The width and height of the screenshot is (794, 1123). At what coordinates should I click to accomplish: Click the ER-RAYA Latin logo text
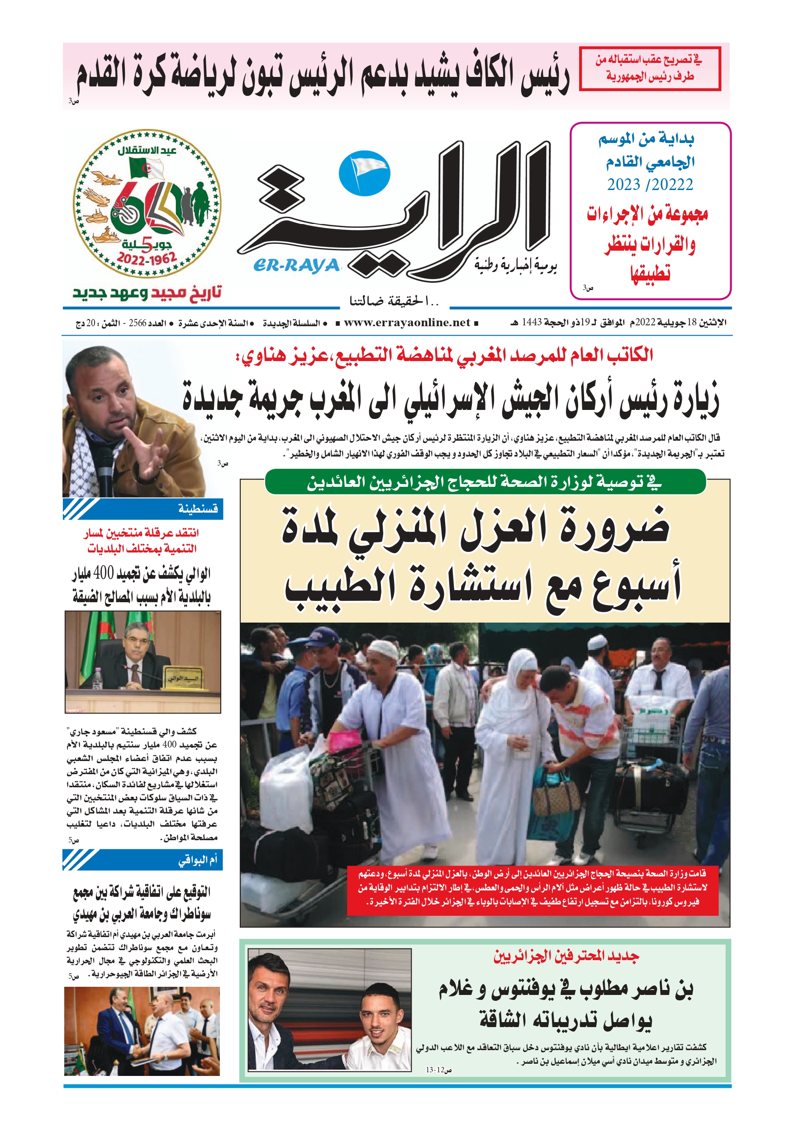pos(296,266)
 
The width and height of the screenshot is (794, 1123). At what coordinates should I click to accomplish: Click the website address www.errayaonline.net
pos(407,323)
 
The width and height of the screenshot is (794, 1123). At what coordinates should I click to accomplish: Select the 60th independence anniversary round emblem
pos(147,204)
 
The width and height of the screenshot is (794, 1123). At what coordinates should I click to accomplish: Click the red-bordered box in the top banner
pos(650,68)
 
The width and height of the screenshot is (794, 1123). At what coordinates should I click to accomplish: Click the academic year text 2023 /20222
pos(650,185)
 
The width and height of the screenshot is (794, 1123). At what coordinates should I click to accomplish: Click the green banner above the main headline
pos(485,482)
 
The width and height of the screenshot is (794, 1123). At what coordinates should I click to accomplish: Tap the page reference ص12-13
pos(439,1070)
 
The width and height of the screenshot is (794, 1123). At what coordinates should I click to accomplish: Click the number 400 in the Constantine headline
pos(103,573)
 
